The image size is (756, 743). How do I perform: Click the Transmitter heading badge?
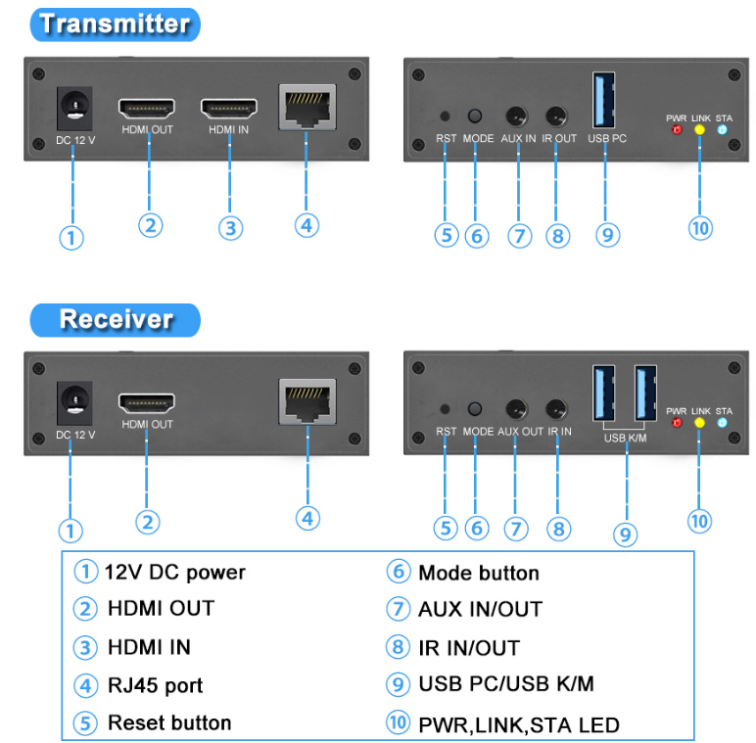(x=116, y=23)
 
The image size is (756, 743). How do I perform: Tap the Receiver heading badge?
(x=116, y=319)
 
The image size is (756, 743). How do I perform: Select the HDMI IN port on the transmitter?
(x=228, y=108)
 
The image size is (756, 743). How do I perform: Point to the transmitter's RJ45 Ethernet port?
(x=307, y=107)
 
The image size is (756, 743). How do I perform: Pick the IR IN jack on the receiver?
(x=559, y=410)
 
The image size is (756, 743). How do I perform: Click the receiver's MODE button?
(x=477, y=410)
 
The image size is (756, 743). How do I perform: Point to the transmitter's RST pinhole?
(x=447, y=116)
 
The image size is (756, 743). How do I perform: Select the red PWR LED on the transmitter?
(x=676, y=129)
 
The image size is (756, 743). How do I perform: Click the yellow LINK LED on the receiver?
(x=699, y=423)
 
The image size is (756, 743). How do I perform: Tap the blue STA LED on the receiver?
(x=723, y=423)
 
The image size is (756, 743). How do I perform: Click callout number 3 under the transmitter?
(x=230, y=228)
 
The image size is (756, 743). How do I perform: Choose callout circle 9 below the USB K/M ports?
(x=625, y=534)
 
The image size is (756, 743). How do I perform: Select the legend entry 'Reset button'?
(x=168, y=723)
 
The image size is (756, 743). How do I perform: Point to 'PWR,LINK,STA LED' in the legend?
(x=518, y=724)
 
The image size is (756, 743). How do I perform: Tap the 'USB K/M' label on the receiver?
(x=625, y=438)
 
